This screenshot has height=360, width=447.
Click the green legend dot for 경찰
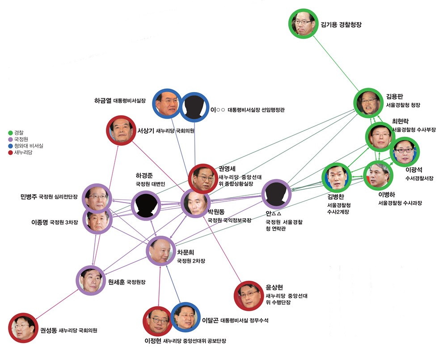click(x=11, y=133)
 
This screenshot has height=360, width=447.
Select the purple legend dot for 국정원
click(x=11, y=140)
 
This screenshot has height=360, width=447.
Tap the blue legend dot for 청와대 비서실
click(x=11, y=146)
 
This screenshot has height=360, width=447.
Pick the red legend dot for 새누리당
click(x=11, y=152)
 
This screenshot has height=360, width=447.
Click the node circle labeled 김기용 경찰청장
click(x=304, y=23)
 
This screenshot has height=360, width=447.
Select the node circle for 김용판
click(x=369, y=103)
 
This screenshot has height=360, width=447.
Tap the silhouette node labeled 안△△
click(x=276, y=194)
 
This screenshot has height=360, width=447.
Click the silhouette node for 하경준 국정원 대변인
click(x=146, y=205)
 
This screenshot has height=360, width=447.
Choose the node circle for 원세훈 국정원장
click(x=91, y=280)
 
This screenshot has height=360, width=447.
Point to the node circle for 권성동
click(x=23, y=328)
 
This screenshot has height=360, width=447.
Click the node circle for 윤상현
click(x=249, y=296)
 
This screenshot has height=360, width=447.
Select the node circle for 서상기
click(x=121, y=131)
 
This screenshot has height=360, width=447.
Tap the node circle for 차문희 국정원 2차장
click(x=161, y=251)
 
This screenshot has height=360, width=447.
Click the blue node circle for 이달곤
click(x=186, y=317)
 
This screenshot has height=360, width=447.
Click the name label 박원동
click(x=216, y=212)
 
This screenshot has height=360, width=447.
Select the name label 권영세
click(x=227, y=169)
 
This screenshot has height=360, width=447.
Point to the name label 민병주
click(x=29, y=196)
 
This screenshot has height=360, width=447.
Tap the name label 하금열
click(x=103, y=101)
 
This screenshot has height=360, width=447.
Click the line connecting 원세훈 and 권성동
click(x=57, y=304)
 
